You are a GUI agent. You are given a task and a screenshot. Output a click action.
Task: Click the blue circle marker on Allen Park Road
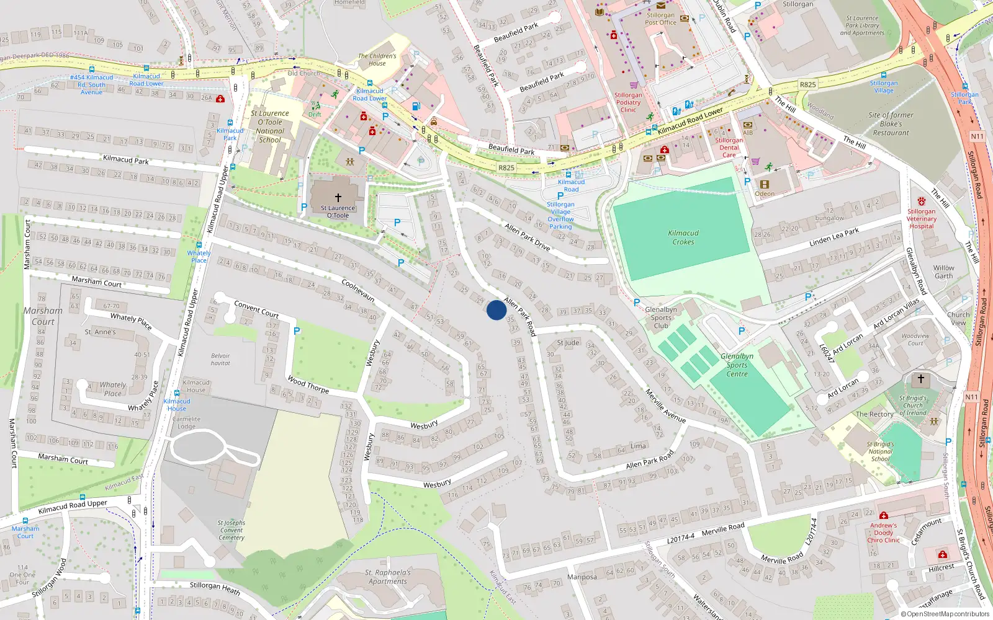(496, 310)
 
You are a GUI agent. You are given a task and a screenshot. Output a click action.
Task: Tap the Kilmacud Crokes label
(683, 237)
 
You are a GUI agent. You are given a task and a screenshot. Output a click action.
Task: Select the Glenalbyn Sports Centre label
(737, 365)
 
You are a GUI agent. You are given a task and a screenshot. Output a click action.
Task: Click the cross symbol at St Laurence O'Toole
(338, 197)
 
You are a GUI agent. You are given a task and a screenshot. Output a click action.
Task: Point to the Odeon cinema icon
(765, 184)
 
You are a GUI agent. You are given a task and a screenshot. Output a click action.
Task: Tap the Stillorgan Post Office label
(660, 19)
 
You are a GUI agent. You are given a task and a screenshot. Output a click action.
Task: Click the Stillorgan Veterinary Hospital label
(921, 218)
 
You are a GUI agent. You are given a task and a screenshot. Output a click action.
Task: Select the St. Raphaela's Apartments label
(388, 577)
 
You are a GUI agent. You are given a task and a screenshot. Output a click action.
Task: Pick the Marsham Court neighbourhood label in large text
(43, 316)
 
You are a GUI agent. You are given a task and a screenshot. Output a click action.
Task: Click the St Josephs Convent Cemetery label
(231, 530)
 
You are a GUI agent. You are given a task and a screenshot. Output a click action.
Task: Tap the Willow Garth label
(943, 272)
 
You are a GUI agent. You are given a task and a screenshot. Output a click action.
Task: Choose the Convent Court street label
(256, 309)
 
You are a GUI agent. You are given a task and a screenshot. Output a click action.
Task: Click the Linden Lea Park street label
(834, 237)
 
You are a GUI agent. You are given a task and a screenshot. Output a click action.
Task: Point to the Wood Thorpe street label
(308, 384)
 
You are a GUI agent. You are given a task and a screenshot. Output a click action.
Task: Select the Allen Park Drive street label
(528, 237)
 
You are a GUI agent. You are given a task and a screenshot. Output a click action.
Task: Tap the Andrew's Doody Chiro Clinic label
(884, 533)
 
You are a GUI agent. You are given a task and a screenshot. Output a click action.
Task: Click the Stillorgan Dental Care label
(729, 148)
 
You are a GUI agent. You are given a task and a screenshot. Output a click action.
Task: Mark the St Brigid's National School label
(880, 451)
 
